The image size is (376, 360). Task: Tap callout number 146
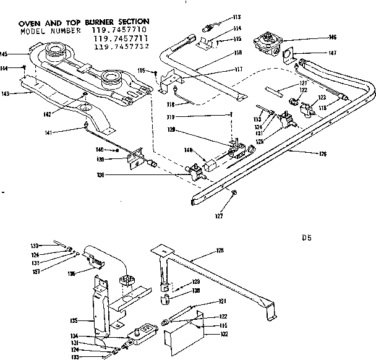click(333, 38)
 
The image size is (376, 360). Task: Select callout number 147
click(333, 54)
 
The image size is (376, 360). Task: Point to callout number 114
click(219, 28)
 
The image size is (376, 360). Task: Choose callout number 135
click(74, 320)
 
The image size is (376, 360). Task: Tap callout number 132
click(224, 334)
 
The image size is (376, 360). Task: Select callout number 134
click(74, 336)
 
